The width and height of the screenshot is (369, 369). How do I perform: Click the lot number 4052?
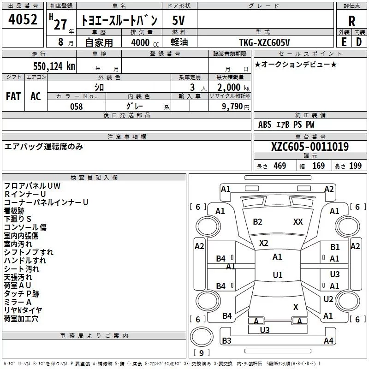[x=23, y=19]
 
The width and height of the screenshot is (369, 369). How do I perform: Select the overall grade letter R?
[x=351, y=21]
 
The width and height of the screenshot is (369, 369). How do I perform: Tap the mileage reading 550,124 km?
[x=54, y=66]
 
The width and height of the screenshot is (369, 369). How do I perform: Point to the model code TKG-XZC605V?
[x=264, y=42]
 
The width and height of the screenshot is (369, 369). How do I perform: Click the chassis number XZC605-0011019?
[x=310, y=146]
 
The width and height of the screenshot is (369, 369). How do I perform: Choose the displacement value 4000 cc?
[x=145, y=42]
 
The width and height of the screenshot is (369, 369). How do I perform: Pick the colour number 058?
[x=77, y=107]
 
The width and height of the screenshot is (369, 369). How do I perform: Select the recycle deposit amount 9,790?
[x=232, y=106]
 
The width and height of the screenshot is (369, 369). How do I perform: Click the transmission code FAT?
[x=13, y=96]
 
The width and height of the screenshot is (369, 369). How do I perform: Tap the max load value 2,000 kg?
[x=233, y=88]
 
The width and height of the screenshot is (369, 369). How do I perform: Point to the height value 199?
[x=355, y=166]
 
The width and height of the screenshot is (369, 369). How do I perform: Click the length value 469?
[x=280, y=166]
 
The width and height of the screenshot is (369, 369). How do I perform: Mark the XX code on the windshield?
[x=298, y=222]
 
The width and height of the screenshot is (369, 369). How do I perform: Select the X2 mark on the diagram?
[x=263, y=243]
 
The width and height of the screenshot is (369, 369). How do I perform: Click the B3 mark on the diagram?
[x=226, y=340]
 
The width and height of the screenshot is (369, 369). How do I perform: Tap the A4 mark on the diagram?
[x=328, y=340]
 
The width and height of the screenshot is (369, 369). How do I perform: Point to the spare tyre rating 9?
[x=201, y=353]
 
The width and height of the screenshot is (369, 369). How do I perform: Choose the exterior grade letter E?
[x=344, y=42]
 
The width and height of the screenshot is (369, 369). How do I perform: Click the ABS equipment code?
[x=265, y=125]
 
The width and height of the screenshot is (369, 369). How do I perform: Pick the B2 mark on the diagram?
[x=257, y=222]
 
